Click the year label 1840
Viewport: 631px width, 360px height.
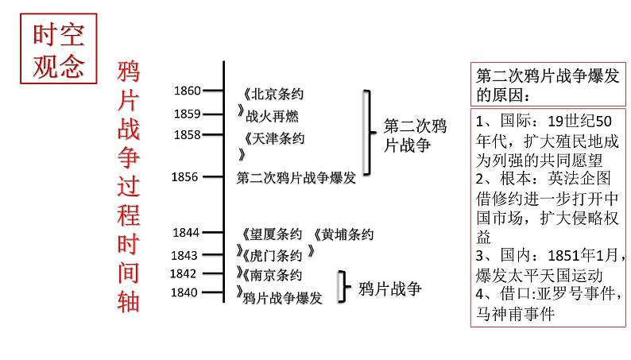184,294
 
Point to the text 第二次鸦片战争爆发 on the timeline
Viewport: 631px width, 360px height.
296,178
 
